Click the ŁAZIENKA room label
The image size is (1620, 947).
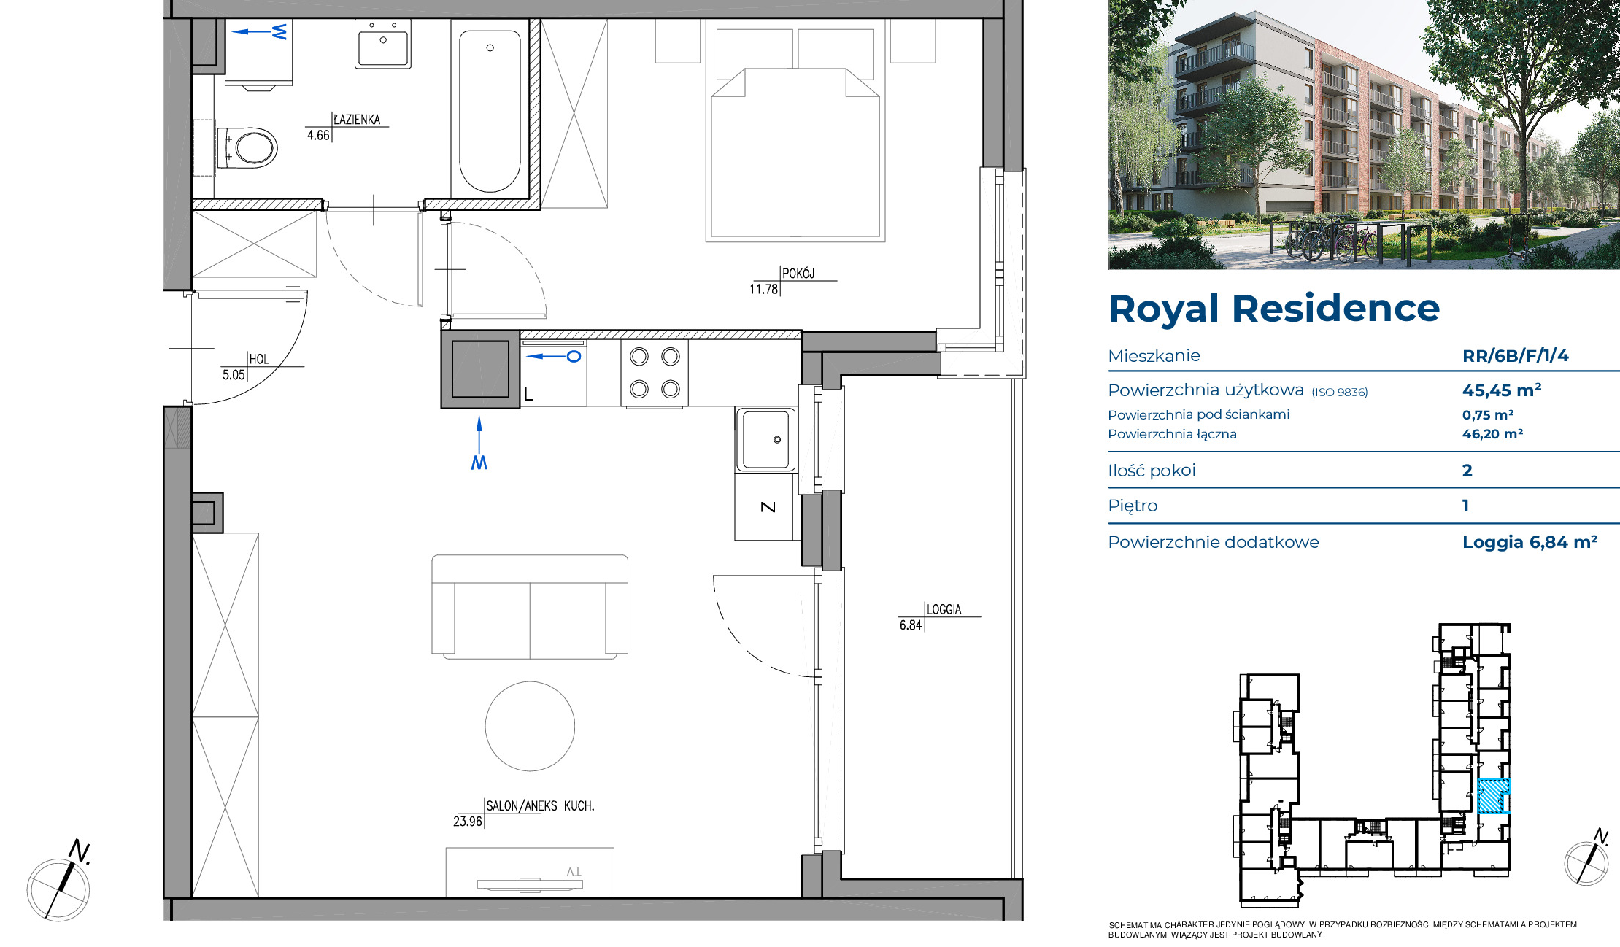pos(357,120)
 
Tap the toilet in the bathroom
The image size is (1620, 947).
pos(247,147)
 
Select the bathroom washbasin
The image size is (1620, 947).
pos(383,44)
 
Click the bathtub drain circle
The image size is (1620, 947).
pos(490,48)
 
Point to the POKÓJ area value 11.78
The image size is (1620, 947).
pos(763,289)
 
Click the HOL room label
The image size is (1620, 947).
pos(259,359)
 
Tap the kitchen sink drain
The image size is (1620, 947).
pos(777,439)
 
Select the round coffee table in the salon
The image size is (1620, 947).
pos(530,726)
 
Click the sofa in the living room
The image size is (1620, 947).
pos(530,606)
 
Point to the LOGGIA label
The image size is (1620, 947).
pos(944,609)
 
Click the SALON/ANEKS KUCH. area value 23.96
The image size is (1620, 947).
pos(467,822)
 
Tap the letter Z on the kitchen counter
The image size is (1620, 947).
pos(768,507)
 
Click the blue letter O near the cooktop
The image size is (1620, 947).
pos(574,357)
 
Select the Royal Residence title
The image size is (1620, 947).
pos(1273,309)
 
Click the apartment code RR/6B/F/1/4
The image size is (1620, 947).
pos(1515,355)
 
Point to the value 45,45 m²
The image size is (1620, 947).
pos(1502,390)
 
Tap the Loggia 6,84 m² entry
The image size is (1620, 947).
pos(1530,542)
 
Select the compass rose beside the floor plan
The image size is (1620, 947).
pos(58,889)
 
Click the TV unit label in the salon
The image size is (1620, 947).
pos(574,872)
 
